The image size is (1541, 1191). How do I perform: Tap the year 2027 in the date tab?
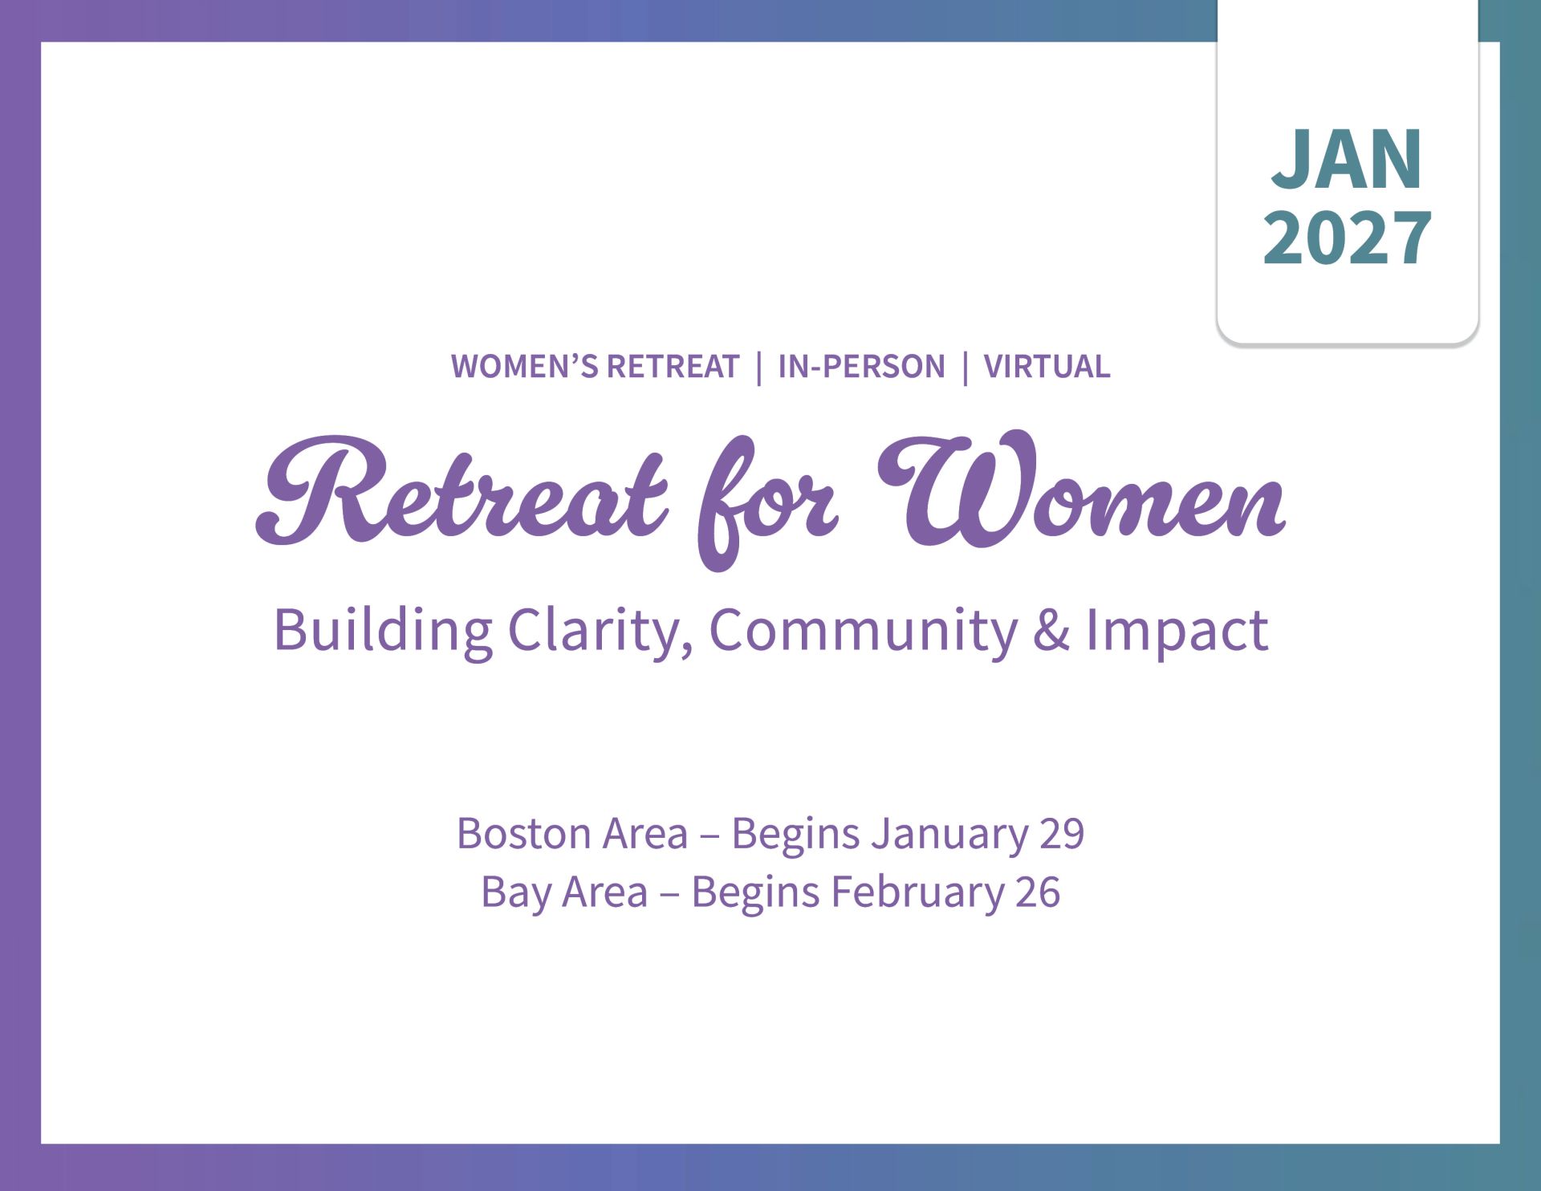pyautogui.click(x=1347, y=238)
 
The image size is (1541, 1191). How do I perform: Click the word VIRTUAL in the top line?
pyautogui.click(x=1047, y=367)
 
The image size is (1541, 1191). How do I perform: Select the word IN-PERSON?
pyautogui.click(x=861, y=367)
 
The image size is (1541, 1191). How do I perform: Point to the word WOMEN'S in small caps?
pyautogui.click(x=524, y=367)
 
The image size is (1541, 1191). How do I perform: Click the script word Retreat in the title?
pyautogui.click(x=461, y=490)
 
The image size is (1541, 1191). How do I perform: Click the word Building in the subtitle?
pyautogui.click(x=383, y=631)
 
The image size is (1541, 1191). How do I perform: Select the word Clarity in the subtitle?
pyautogui.click(x=600, y=631)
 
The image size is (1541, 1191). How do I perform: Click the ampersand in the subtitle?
pyautogui.click(x=1051, y=631)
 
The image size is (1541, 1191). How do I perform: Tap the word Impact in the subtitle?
pyautogui.click(x=1177, y=631)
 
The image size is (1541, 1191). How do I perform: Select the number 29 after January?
pyautogui.click(x=1062, y=834)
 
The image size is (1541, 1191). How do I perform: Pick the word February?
pyautogui.click(x=916, y=893)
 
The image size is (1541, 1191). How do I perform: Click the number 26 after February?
pyautogui.click(x=1038, y=892)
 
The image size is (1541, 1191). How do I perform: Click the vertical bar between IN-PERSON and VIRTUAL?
pyautogui.click(x=965, y=368)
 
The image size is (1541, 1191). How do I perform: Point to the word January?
pyautogui.click(x=949, y=835)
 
